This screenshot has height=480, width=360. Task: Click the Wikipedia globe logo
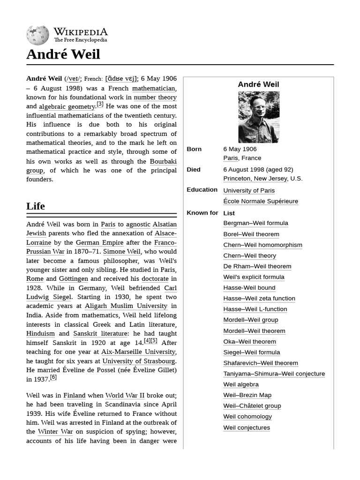37,35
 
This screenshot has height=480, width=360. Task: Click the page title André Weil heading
63,54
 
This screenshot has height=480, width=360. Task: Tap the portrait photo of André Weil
259,117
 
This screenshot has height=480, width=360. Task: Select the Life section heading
36,206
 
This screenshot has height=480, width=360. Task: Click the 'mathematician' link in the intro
154,88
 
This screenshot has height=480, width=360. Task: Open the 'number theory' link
155,97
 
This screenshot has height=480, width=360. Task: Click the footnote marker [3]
100,105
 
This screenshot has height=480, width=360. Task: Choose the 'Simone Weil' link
121,252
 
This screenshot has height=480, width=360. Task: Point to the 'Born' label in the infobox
194,149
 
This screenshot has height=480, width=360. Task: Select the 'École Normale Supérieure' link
261,201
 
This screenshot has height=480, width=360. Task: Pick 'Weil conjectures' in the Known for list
247,427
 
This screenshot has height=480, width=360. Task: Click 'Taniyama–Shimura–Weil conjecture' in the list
274,374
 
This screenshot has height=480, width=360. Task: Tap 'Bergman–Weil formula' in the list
255,223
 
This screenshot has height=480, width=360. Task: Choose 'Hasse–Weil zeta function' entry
259,298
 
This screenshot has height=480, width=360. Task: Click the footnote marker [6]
53,377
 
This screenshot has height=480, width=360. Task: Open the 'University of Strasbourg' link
139,361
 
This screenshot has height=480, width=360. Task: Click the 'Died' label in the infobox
194,170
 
